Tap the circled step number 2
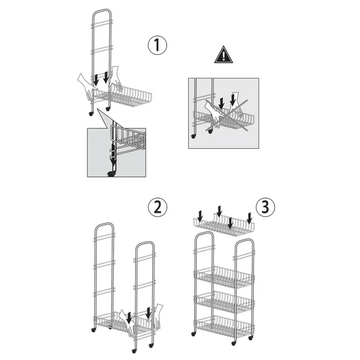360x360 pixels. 157,207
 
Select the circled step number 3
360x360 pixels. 265,207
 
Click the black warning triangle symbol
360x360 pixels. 224,54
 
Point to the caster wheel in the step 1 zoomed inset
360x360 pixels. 111,174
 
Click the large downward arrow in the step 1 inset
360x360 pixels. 113,153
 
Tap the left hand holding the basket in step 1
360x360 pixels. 87,85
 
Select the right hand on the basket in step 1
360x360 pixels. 116,78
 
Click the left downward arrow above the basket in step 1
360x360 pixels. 96,79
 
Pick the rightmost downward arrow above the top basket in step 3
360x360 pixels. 250,218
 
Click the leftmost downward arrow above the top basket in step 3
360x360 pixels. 200,216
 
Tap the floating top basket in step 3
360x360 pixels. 224,225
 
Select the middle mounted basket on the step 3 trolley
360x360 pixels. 224,302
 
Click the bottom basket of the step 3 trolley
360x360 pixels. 224,327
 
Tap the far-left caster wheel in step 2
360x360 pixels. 93,330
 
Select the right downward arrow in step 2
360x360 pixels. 149,313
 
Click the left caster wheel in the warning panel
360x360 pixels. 193,136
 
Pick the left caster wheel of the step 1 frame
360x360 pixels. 91,113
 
